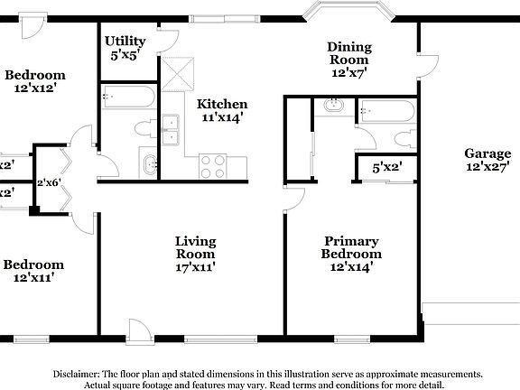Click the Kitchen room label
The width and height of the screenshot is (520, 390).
click(x=221, y=110)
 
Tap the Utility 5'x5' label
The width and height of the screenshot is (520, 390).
click(x=125, y=47)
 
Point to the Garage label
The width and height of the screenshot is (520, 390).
click(x=487, y=160)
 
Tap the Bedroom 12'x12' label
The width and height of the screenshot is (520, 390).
click(x=34, y=81)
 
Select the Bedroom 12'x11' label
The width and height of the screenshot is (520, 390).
click(x=34, y=271)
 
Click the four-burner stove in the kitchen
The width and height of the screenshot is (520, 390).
click(x=213, y=166)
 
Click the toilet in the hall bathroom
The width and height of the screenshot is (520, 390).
click(x=144, y=126)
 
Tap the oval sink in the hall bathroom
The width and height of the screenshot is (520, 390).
click(x=150, y=164)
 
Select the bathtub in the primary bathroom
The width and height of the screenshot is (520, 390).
click(x=387, y=111)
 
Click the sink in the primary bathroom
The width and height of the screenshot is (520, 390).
click(x=333, y=106)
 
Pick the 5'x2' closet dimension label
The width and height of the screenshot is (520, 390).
click(x=387, y=167)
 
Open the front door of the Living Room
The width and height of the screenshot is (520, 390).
click(x=139, y=330)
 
